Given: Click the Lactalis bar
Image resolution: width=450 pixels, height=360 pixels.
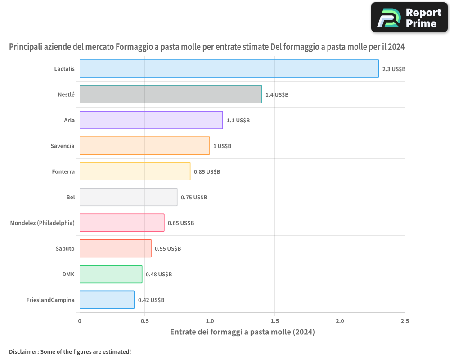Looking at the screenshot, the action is pyautogui.click(x=229, y=68).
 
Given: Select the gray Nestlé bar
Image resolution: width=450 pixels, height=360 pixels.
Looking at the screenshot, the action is pyautogui.click(x=171, y=94).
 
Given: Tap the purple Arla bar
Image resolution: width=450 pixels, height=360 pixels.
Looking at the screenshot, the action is pyautogui.click(x=151, y=120).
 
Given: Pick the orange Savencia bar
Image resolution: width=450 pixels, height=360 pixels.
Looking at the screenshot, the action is pyautogui.click(x=144, y=145).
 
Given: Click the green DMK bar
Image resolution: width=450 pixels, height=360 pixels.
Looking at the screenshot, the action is pyautogui.click(x=111, y=274).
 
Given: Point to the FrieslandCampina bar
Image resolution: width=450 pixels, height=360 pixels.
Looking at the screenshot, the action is pyautogui.click(x=107, y=299).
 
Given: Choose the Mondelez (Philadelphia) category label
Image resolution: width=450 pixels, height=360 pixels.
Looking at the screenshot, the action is pyautogui.click(x=42, y=223).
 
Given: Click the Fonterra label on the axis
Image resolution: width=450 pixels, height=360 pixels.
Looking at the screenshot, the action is pyautogui.click(x=63, y=171).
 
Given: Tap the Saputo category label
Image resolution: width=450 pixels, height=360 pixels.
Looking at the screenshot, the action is pyautogui.click(x=65, y=248).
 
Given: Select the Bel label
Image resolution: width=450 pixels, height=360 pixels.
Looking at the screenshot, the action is pyautogui.click(x=71, y=197).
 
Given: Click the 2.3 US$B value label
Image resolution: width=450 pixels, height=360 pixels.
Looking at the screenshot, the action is pyautogui.click(x=394, y=69).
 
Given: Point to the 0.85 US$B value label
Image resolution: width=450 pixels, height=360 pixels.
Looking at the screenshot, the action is pyautogui.click(x=207, y=171).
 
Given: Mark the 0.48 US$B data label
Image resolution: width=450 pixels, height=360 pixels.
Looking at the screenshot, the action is pyautogui.click(x=159, y=274).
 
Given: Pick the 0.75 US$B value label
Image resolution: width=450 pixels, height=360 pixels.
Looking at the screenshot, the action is pyautogui.click(x=193, y=198).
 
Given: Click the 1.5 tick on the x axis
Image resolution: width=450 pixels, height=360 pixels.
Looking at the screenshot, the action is pyautogui.click(x=274, y=321).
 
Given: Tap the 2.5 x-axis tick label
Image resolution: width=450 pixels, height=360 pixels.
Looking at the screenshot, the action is pyautogui.click(x=405, y=321).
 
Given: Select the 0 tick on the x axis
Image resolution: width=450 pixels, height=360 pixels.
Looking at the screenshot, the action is pyautogui.click(x=80, y=321).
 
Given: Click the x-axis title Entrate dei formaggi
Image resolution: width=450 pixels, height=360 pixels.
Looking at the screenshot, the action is pyautogui.click(x=243, y=332).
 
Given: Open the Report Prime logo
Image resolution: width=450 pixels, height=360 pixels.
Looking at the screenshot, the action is pyautogui.click(x=409, y=18).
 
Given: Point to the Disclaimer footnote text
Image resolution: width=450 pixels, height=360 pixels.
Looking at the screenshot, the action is pyautogui.click(x=70, y=351).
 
